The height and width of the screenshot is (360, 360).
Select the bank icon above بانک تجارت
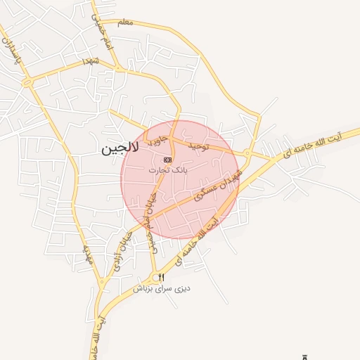click(167, 160)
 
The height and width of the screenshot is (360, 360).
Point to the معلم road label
click(125, 24)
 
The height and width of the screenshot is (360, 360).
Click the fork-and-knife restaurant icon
click(160, 276)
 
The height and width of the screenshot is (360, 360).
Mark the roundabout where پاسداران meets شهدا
click(28, 82)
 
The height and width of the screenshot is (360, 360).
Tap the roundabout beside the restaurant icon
click(153, 275)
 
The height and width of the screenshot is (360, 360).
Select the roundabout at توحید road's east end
click(247, 153)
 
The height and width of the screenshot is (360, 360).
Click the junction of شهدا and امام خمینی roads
click(121, 70)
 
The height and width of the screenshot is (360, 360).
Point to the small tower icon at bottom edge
click(304, 356)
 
